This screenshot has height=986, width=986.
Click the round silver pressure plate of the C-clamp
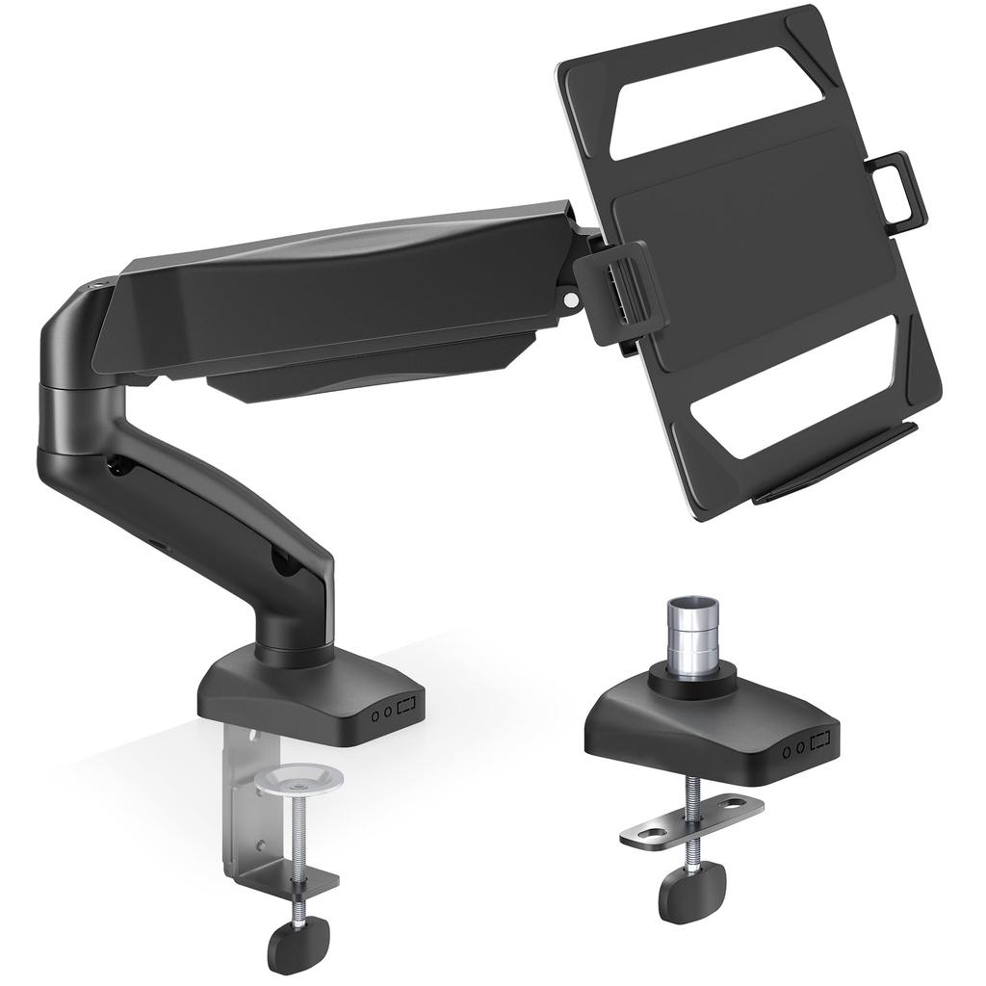[x=301, y=778]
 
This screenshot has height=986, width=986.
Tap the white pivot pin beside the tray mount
[x=571, y=299]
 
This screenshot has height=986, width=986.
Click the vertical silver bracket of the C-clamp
[x=245, y=809]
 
